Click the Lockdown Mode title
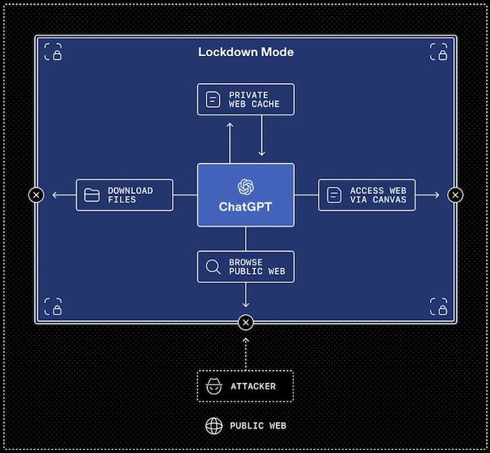(246, 52)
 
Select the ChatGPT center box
(246, 195)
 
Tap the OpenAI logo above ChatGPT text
(246, 186)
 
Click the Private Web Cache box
(246, 99)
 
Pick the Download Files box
(124, 195)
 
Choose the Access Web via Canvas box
(367, 195)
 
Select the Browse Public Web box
(246, 267)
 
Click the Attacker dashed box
(246, 386)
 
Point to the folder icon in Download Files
(92, 195)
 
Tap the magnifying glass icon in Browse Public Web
(213, 267)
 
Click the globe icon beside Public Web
(214, 425)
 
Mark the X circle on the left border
(36, 195)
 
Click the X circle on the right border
(455, 195)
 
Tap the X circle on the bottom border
(246, 322)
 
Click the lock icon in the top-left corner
(53, 52)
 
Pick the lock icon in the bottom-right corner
(439, 307)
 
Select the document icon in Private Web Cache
(213, 99)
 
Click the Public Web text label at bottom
(257, 425)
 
